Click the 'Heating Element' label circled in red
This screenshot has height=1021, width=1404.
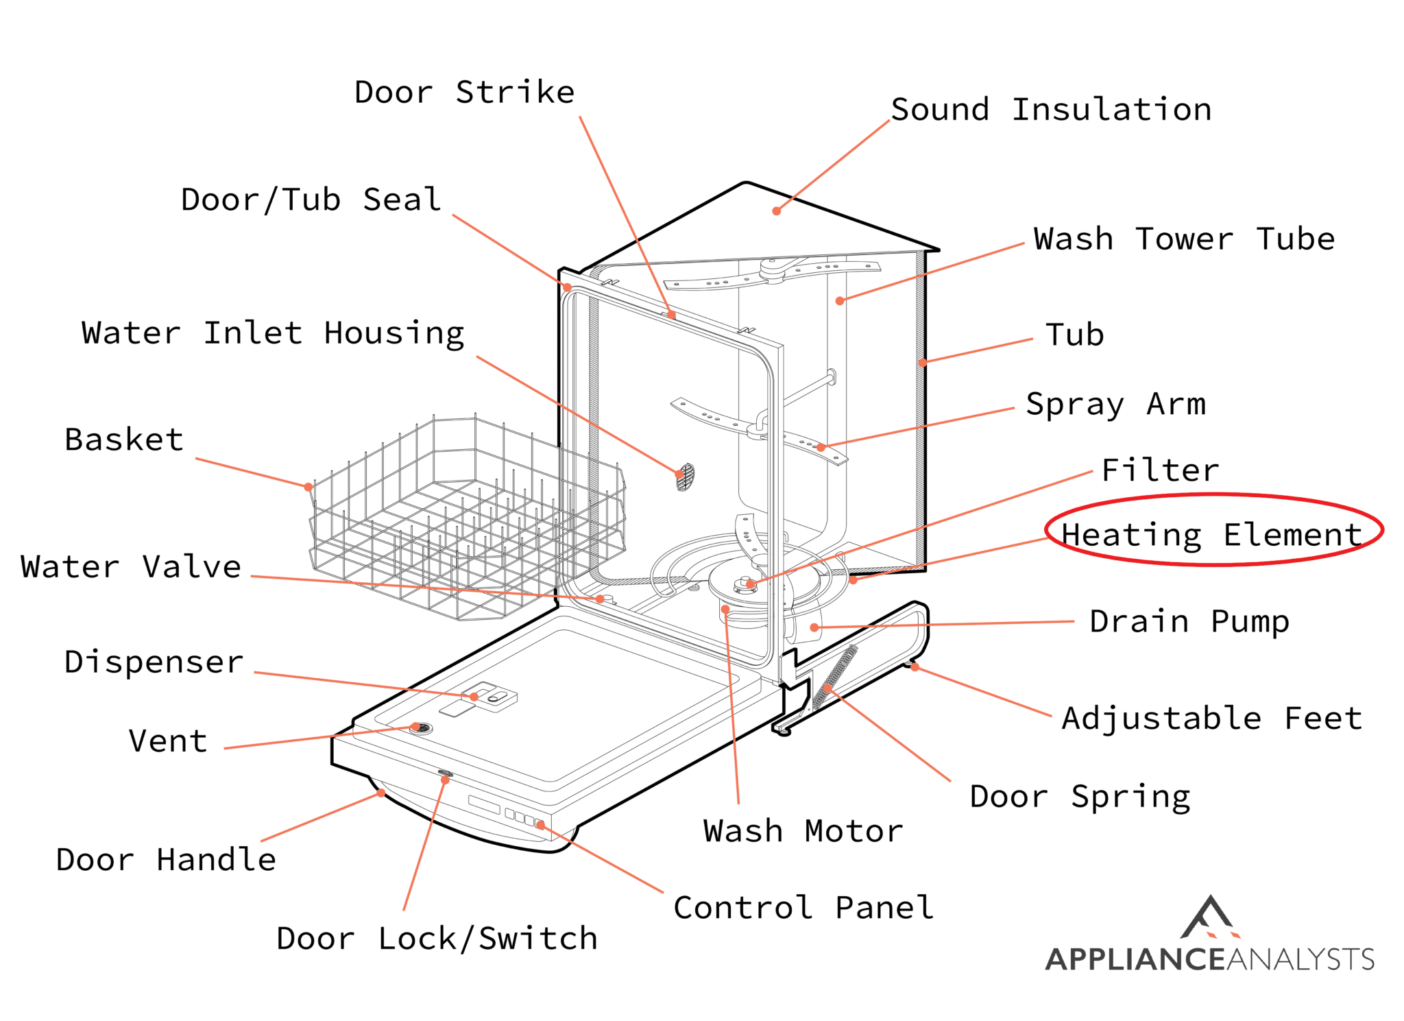(1211, 534)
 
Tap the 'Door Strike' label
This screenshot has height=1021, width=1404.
(464, 92)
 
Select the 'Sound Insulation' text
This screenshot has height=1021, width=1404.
(1051, 110)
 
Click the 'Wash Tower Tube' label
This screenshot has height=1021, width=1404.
(1184, 239)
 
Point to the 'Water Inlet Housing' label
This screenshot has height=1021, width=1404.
(273, 334)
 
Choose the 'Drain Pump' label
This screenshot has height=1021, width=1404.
(1189, 622)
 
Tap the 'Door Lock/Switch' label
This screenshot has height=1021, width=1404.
(437, 938)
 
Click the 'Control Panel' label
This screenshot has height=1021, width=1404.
(803, 907)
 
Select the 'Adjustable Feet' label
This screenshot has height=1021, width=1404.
(1211, 719)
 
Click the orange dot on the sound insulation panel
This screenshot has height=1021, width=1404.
(776, 211)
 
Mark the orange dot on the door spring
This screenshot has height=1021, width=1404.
(827, 688)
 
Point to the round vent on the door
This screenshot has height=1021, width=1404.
(420, 728)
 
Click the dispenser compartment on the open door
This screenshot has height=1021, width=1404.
(490, 697)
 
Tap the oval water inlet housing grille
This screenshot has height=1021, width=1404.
(685, 477)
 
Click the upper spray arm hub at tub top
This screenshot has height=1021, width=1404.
(773, 269)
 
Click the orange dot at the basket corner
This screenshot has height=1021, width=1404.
(308, 487)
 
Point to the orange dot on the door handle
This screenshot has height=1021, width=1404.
(381, 793)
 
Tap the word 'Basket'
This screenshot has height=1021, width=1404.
(124, 440)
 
